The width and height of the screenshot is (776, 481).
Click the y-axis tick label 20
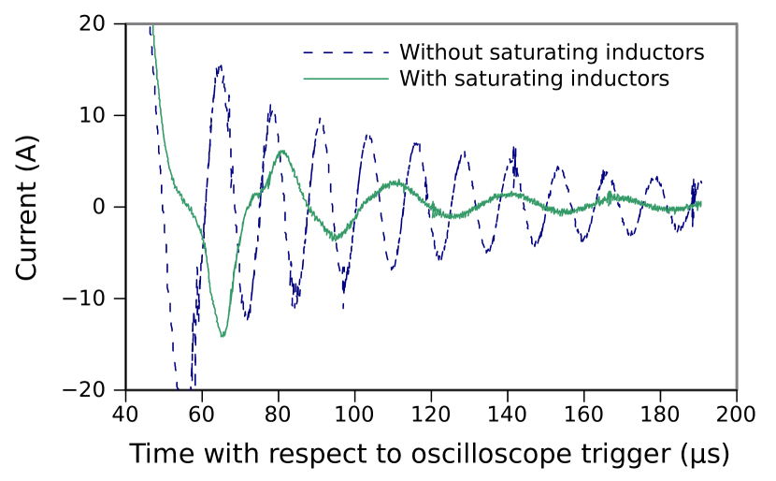coord(92,23)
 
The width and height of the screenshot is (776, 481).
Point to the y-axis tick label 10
coord(92,115)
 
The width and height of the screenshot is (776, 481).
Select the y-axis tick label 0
coord(99,207)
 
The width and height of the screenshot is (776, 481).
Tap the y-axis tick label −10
coord(84,299)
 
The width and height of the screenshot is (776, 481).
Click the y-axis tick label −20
coord(84,390)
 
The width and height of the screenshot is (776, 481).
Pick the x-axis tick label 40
coord(125,414)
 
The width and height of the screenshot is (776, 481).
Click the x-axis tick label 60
coord(202,414)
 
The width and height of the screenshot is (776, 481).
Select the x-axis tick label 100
coord(354,414)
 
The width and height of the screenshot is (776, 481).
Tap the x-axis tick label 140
coord(508,414)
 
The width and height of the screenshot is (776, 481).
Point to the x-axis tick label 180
coord(660,414)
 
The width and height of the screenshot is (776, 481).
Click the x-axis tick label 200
coord(737,414)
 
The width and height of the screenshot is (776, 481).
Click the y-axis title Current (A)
coord(27,207)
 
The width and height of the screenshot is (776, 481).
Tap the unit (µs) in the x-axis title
coord(704,454)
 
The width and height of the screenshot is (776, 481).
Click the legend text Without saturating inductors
coord(552,52)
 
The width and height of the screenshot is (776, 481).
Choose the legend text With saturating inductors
coord(535,79)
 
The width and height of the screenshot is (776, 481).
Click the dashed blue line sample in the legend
coord(346,52)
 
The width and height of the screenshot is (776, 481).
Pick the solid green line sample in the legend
coord(346,79)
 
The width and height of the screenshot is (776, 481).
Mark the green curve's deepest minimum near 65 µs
coord(223,336)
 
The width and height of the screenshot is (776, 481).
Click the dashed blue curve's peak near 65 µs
coord(219,66)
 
